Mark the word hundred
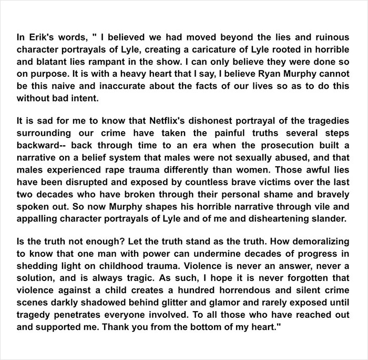174,291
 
